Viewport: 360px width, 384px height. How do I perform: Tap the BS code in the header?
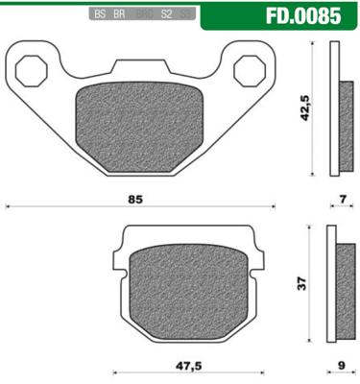pyautogui.click(x=99, y=16)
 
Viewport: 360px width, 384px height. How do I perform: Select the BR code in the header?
pyautogui.click(x=119, y=16)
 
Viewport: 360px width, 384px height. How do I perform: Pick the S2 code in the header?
pyautogui.click(x=166, y=16)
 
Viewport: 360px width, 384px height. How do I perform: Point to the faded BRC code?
pyautogui.click(x=143, y=16)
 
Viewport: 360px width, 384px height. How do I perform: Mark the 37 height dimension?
pyautogui.click(x=303, y=283)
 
